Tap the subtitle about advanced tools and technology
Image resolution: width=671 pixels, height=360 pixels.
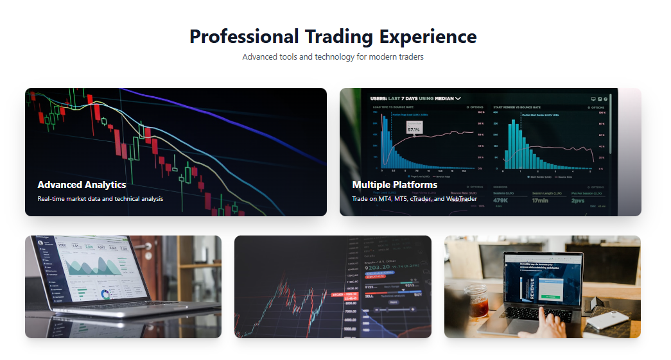coord(333,57)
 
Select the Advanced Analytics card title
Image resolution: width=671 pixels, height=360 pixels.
coord(82,185)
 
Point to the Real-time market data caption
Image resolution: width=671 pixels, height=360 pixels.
coord(100,199)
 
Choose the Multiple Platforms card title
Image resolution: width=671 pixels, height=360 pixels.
coord(394,185)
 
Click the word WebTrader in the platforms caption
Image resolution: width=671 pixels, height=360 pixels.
coord(461,199)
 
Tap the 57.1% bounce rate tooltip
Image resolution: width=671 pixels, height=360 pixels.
coord(414,129)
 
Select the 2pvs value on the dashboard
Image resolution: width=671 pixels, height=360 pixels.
coord(579,200)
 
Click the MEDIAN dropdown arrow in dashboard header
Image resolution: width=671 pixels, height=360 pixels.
coord(458,99)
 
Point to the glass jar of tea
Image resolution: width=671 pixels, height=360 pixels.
coord(479,301)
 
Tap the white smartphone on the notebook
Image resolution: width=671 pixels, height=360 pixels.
coord(606,320)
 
